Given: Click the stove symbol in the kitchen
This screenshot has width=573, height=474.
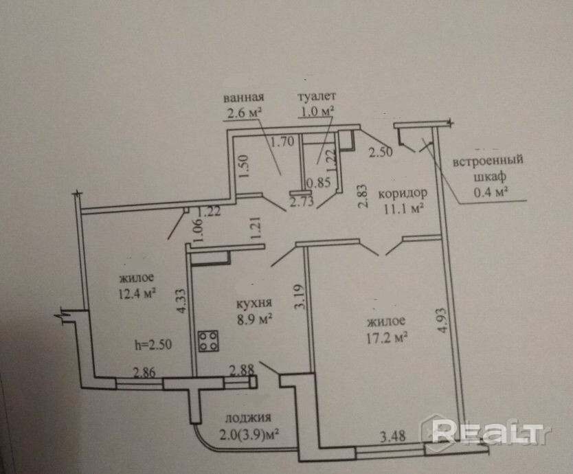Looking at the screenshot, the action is point(209,341).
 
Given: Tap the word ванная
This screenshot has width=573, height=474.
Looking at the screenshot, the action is point(245,98).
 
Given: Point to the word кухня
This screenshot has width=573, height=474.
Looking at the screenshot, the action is point(251,303).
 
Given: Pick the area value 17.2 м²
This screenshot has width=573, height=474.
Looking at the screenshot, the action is point(388,337).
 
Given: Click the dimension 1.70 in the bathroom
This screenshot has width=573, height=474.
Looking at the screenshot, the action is point(282,144).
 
